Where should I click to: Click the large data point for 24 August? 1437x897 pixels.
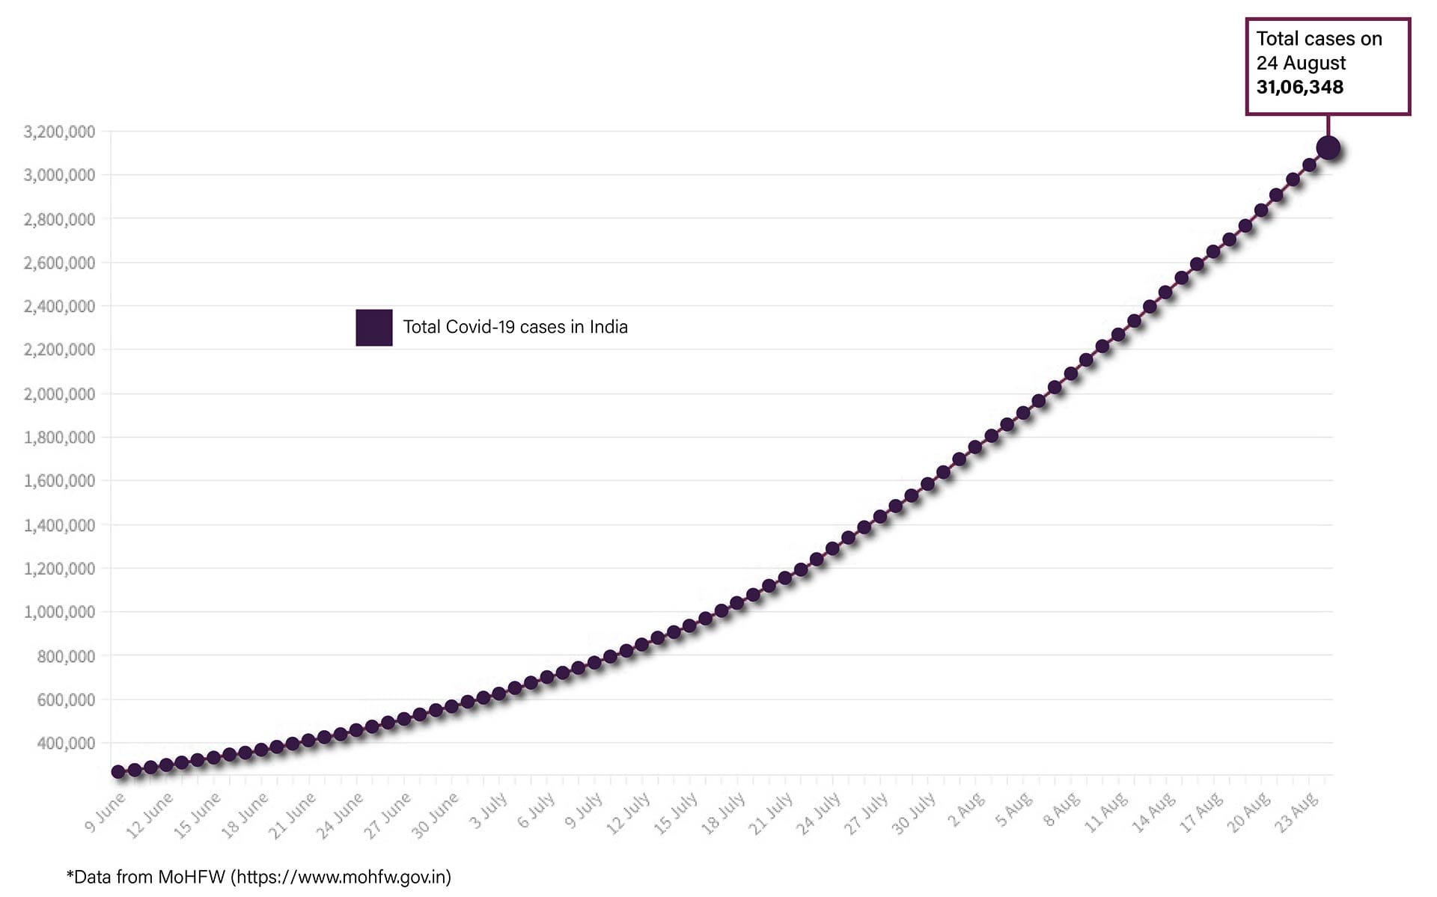pos(1328,147)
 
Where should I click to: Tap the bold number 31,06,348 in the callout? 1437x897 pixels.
pos(1299,88)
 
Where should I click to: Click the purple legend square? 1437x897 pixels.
pos(373,328)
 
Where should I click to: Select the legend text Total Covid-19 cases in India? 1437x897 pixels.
pos(515,327)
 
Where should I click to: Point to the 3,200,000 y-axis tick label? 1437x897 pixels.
pos(60,132)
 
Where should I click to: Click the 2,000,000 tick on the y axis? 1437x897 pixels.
pos(60,394)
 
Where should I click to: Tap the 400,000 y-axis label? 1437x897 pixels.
pos(66,743)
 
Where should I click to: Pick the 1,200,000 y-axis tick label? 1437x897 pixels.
pos(60,569)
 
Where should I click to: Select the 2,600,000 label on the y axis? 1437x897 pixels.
pos(60,263)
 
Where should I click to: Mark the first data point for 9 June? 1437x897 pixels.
pos(118,771)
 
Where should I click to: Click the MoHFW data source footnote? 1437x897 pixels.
pos(259,877)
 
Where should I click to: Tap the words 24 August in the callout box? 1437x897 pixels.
pos(1301,63)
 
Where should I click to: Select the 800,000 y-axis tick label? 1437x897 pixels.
pos(66,656)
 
